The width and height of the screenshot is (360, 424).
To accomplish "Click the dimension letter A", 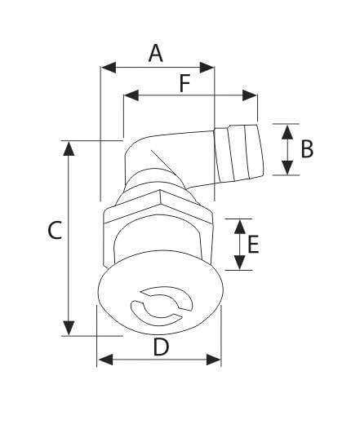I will [x=156, y=54].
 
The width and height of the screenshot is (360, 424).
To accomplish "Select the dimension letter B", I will [x=306, y=149].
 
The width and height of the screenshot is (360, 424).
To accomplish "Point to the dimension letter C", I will [x=53, y=232].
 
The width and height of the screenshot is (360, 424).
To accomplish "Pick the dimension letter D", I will [x=161, y=347].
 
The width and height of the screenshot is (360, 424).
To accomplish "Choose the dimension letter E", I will [x=253, y=245].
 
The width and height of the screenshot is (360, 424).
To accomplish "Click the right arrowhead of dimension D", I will [x=215, y=360].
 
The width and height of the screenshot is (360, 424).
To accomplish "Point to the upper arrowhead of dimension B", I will [x=286, y=130].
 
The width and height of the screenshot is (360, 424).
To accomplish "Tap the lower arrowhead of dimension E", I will [x=238, y=263].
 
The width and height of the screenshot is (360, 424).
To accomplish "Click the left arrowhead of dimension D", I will [x=103, y=360].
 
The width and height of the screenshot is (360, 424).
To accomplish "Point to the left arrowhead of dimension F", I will [x=129, y=96].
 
